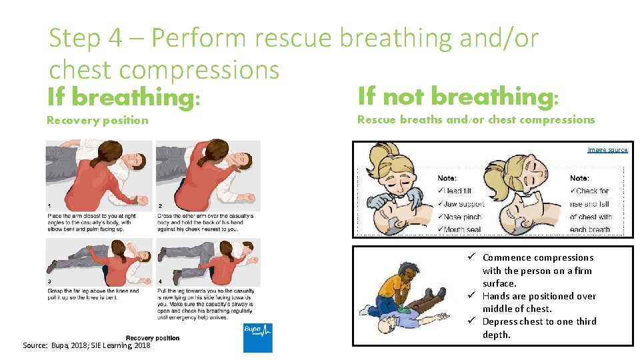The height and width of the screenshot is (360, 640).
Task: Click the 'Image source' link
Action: [x=607, y=150]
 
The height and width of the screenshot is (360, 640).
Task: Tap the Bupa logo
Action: [x=257, y=337]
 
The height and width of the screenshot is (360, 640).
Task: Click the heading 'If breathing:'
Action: [x=123, y=98]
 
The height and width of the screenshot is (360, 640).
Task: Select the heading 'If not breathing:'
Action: [x=457, y=97]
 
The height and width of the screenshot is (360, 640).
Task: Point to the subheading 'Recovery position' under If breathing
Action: [x=97, y=120]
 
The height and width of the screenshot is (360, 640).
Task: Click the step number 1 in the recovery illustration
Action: [x=49, y=205]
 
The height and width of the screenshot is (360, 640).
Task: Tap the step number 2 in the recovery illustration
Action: [x=160, y=205]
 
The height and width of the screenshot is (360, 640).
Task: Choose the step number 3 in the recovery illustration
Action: [x=49, y=282]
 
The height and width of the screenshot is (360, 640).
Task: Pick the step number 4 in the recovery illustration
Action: [x=160, y=282]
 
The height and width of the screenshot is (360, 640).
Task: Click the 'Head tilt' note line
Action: [x=455, y=191]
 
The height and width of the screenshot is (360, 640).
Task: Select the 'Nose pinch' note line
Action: [x=460, y=217]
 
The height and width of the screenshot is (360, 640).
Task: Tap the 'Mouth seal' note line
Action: [x=460, y=229]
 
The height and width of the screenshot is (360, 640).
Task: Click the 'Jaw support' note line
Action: [x=461, y=204]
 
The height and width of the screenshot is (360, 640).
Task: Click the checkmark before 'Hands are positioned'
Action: [x=471, y=296]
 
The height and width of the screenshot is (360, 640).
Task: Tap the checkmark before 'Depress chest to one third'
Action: [x=471, y=321]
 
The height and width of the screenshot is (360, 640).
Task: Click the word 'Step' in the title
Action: [x=75, y=38]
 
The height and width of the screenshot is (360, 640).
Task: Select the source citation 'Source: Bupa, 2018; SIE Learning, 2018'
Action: [x=87, y=345]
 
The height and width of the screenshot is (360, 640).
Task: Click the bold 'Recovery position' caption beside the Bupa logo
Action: [x=152, y=338]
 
